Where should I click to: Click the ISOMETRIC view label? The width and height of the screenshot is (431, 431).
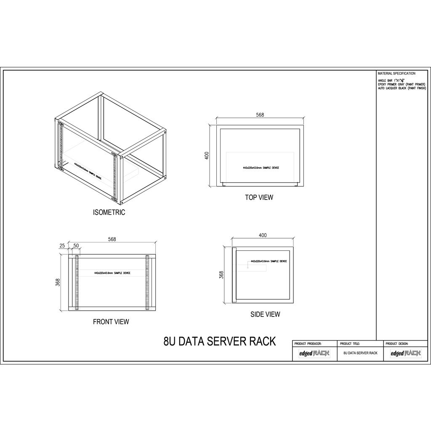(x=109, y=213)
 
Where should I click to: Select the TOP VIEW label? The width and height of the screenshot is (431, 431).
(x=259, y=197)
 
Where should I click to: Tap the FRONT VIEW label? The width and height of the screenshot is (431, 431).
(x=111, y=322)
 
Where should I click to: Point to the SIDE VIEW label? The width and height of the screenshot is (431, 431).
(x=265, y=314)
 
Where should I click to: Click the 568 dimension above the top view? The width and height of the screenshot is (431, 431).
(x=260, y=115)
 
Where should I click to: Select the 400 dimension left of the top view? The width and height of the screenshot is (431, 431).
(x=207, y=155)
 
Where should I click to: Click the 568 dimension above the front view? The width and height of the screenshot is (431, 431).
(x=112, y=239)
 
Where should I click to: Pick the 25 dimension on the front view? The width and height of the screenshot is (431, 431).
(x=62, y=245)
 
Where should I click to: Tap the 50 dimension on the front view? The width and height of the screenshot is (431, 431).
(x=76, y=245)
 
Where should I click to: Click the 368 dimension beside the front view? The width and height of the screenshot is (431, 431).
(x=58, y=282)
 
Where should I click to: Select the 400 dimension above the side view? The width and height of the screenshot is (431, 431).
(x=263, y=235)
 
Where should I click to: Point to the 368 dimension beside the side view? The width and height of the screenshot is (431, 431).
(x=222, y=275)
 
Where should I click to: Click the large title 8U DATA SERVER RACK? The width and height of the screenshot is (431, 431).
(x=219, y=341)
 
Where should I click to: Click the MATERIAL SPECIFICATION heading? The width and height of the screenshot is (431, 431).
(x=396, y=73)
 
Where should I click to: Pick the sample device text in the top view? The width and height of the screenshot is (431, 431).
(x=261, y=168)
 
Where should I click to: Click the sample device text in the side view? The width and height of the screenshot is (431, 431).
(x=269, y=261)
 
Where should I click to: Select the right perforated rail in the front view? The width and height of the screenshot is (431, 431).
(x=147, y=282)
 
